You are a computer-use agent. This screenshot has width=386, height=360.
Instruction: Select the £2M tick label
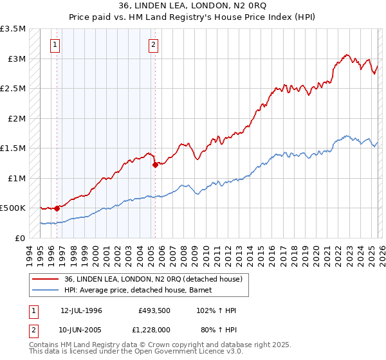pyautogui.click(x=16, y=119)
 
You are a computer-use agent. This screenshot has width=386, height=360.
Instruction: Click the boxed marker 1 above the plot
pyautogui.click(x=56, y=45)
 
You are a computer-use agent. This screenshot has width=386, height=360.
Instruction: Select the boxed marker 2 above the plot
pyautogui.click(x=154, y=45)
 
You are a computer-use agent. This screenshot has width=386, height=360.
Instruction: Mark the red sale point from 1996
pyautogui.click(x=57, y=208)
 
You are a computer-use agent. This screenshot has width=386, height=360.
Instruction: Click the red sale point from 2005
pyautogui.click(x=155, y=165)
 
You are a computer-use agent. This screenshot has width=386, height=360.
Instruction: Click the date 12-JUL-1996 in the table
pyautogui.click(x=81, y=310)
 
